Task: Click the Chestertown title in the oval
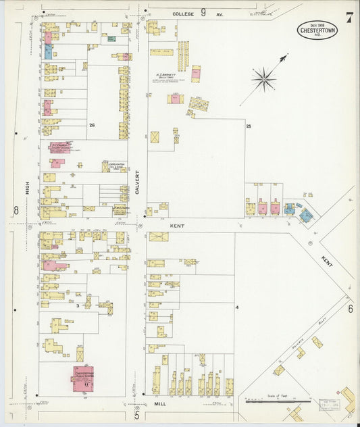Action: click(x=317, y=30)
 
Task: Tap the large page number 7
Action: click(x=349, y=18)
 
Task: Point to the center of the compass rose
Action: click(x=263, y=78)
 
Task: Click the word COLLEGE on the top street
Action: click(x=183, y=14)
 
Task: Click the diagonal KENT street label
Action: click(x=328, y=260)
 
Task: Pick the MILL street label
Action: click(x=159, y=403)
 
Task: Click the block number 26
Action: click(x=91, y=125)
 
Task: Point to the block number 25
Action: click(x=249, y=126)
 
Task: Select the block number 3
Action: click(x=78, y=306)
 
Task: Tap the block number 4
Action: click(x=237, y=307)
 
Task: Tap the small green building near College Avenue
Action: click(x=111, y=39)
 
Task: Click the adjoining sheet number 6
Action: click(x=351, y=308)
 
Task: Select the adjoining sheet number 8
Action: click(x=16, y=210)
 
